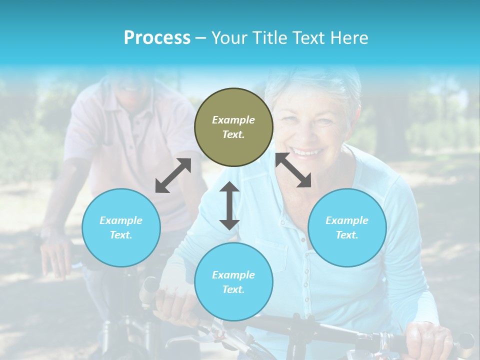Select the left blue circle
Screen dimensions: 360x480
[x=121, y=227]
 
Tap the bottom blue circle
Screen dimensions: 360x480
[x=233, y=282]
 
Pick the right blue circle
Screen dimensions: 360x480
[x=347, y=227]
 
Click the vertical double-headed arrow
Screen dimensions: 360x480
[x=229, y=205]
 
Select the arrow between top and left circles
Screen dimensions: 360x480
[x=173, y=175]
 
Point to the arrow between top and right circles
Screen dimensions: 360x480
[x=293, y=170]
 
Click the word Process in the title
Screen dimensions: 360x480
[x=157, y=37]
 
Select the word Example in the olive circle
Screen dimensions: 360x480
[x=233, y=120]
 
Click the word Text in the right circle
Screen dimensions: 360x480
[x=346, y=235]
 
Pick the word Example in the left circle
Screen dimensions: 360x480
[x=121, y=220]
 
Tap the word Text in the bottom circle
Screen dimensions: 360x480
[x=233, y=289]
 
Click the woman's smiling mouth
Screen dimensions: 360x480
[x=306, y=151]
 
